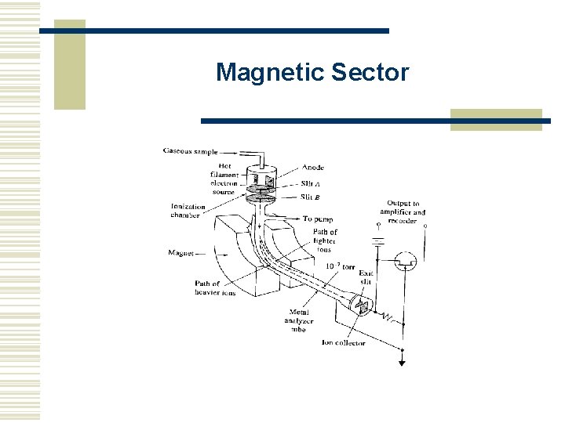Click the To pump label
click(318, 219)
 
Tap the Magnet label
click(181, 253)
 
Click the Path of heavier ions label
click(214, 288)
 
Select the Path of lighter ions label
click(324, 240)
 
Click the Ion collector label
click(343, 342)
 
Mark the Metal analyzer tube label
click(299, 321)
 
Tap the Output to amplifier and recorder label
click(403, 211)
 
